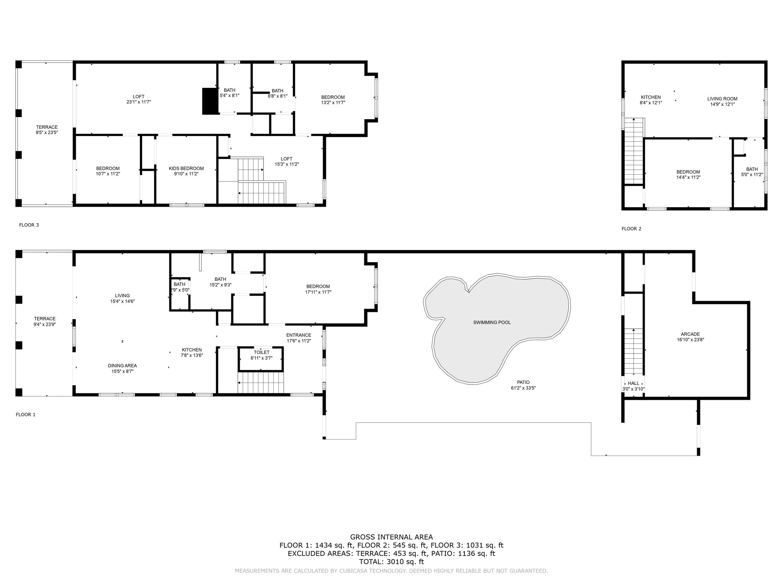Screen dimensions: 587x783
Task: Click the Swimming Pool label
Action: [x=492, y=323]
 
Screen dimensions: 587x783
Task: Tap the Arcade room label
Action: [x=690, y=334]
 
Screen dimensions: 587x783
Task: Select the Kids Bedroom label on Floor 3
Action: [x=186, y=169]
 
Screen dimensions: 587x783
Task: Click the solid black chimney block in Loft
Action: [x=210, y=101]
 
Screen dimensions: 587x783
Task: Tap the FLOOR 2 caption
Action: [x=631, y=229]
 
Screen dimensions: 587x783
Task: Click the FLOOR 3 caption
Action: [x=29, y=225]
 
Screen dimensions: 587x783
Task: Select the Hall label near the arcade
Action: [x=633, y=383]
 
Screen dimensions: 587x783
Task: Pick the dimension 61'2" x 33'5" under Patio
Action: [x=523, y=388]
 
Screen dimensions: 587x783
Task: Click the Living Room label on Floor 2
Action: [x=722, y=99]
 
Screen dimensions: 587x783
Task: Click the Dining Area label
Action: [x=122, y=366]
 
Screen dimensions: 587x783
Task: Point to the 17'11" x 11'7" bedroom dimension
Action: [x=318, y=292]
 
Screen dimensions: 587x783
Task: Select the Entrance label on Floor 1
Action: [x=299, y=335]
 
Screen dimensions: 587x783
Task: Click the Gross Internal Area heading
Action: [x=391, y=537]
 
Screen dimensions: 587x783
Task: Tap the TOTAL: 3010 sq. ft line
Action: [x=391, y=562]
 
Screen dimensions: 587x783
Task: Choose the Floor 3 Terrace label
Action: [x=47, y=127]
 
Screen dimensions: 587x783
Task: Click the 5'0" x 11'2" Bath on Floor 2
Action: [x=752, y=172]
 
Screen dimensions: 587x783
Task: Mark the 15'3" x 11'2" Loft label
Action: [x=286, y=159]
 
